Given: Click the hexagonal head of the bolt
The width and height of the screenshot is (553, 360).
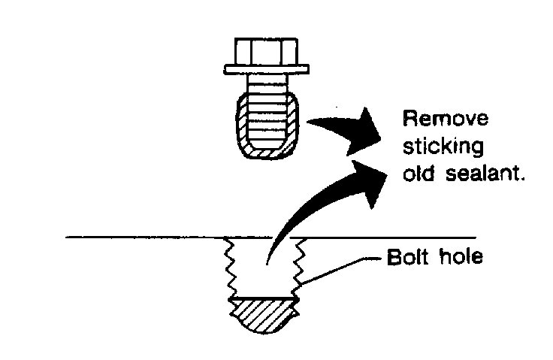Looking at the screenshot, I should click(x=267, y=51).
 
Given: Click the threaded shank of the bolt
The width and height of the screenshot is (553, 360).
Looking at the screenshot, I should click(x=267, y=120).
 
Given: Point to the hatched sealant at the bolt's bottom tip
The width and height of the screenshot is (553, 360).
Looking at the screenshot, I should click(x=267, y=153).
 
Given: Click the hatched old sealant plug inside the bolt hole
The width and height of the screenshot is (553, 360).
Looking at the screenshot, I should click(x=265, y=316).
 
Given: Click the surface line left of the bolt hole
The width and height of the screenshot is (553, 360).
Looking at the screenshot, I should click(x=143, y=237).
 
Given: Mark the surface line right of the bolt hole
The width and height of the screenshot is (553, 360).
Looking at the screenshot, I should click(x=391, y=237).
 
